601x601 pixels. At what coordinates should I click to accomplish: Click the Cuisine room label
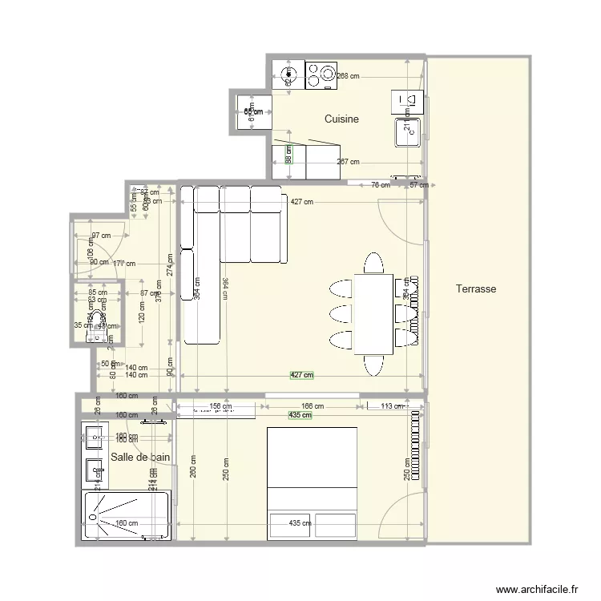(x=341, y=119)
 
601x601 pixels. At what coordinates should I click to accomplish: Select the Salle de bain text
(x=141, y=457)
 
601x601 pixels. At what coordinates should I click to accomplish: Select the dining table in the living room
(x=373, y=313)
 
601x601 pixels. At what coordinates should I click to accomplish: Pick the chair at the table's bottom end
(x=373, y=365)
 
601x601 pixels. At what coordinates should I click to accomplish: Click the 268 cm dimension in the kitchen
(x=348, y=76)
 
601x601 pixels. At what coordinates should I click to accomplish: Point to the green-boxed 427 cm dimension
(x=301, y=375)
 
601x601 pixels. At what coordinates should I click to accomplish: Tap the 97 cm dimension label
(x=101, y=236)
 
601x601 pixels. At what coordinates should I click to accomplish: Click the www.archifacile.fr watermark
(x=536, y=587)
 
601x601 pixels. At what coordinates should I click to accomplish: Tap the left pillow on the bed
(x=290, y=525)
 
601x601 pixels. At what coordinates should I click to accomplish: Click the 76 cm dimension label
(x=381, y=185)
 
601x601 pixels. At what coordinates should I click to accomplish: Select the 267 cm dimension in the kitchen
(x=347, y=161)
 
